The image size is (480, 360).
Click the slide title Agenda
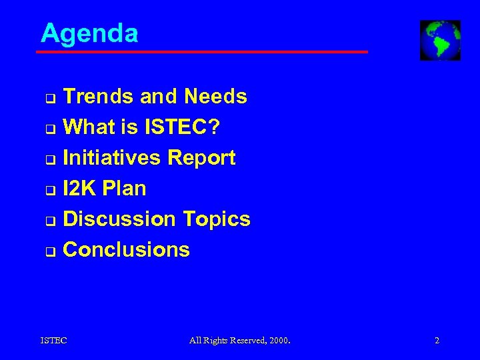89,33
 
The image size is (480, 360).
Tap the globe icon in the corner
440,40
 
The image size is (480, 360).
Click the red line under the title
203,51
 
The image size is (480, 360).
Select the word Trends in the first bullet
98,97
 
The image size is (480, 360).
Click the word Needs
215,97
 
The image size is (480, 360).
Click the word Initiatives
111,158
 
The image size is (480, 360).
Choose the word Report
201,158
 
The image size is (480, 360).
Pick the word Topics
217,219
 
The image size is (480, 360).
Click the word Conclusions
126,250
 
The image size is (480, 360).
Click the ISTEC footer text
54,341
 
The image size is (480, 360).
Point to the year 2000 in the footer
279,341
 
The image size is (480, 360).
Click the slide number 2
437,341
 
